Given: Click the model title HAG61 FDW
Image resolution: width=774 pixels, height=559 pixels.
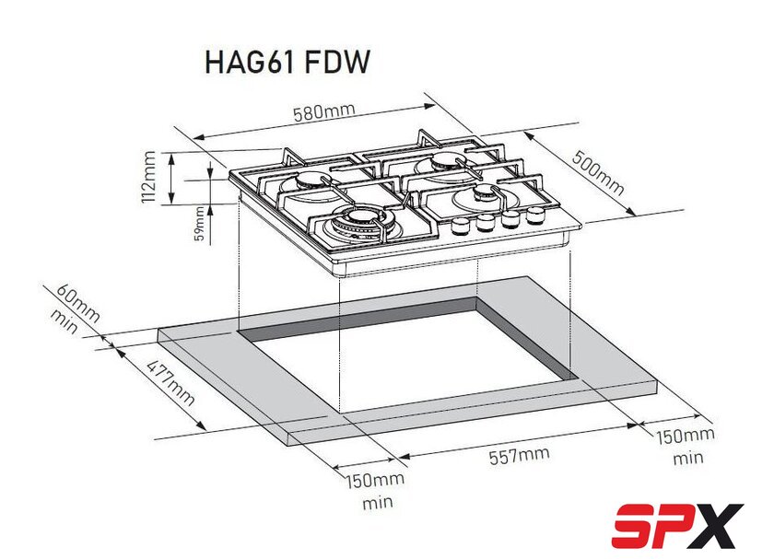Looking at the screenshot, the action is coord(287,63).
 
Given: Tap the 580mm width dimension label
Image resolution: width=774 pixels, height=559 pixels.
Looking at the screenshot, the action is coord(324,112).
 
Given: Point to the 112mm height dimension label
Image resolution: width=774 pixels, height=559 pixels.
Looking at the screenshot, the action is coord(148,177).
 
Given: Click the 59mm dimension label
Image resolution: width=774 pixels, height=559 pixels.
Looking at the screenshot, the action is coord(199,223).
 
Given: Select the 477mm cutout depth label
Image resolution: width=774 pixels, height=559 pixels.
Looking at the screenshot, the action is coord(170,382).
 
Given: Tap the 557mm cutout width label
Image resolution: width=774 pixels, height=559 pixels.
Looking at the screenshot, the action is coord(519,455).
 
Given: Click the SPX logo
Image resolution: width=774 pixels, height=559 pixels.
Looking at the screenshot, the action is coord(678,525).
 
